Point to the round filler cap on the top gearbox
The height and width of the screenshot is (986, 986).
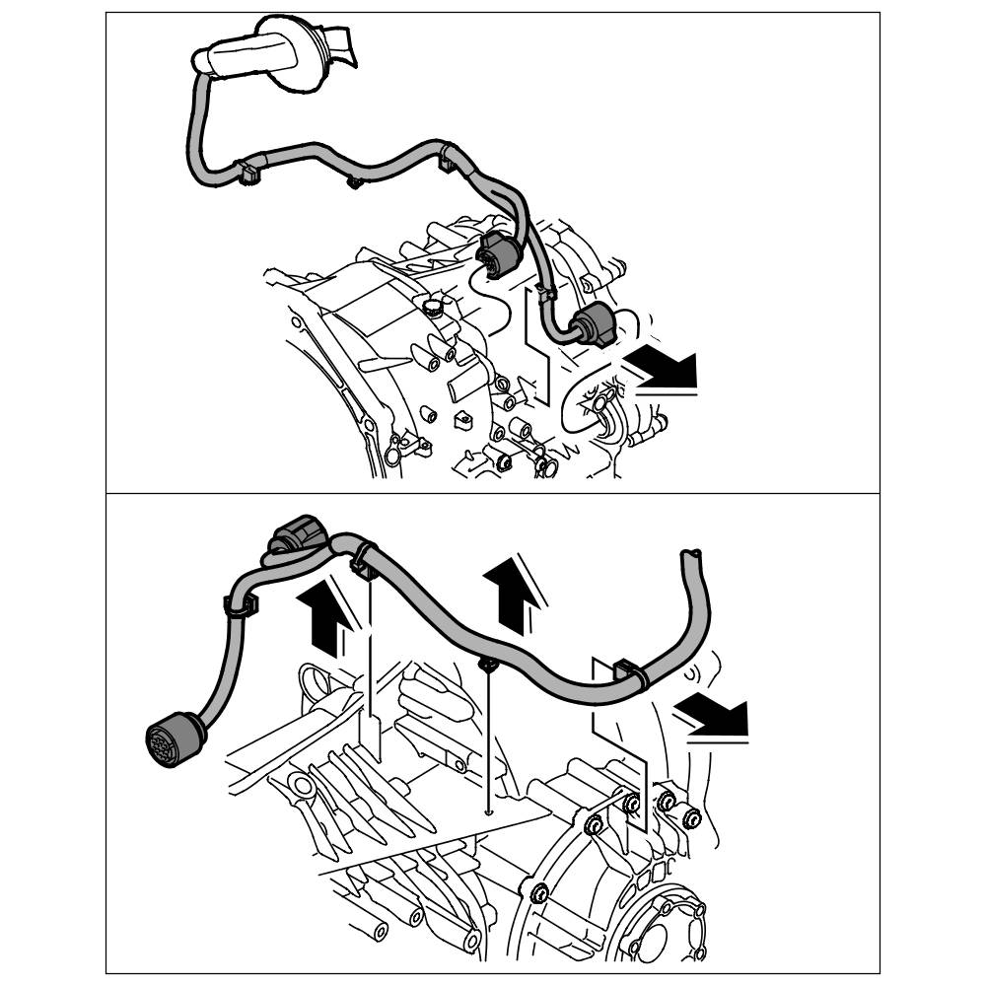coord(432,307)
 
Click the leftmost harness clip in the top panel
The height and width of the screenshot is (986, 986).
coord(246,173)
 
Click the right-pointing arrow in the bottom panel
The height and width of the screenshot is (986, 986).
coord(717,716)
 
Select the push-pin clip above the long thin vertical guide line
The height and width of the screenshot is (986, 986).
coord(487,667)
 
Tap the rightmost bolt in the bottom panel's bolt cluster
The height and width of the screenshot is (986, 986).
coord(691,815)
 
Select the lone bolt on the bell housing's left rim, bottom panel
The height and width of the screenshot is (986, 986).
coord(538,894)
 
